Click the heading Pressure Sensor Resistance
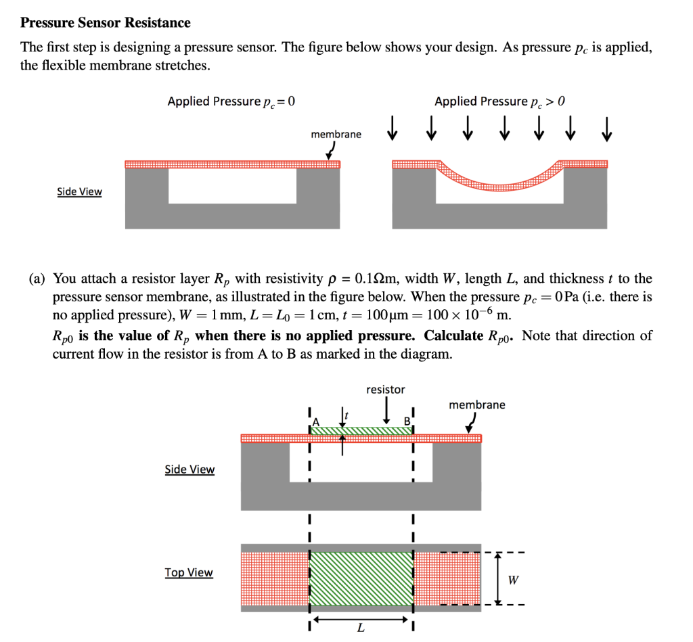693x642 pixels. point(106,23)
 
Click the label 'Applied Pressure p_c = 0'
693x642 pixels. point(231,101)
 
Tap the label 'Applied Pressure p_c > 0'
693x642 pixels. point(499,101)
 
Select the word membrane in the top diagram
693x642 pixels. point(336,135)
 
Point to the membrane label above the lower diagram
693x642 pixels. point(476,405)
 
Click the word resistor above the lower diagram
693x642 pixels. point(385,390)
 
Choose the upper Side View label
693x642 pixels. point(79,191)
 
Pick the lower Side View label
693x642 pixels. point(189,469)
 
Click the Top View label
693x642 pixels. point(189,572)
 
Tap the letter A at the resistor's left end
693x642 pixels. point(314,421)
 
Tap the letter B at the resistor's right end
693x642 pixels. point(407,421)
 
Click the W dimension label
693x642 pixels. point(514,580)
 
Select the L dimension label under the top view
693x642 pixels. point(360,629)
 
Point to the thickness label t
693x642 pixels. point(346,414)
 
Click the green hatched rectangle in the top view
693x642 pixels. point(361,579)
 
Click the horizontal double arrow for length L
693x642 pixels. point(361,618)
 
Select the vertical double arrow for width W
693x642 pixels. point(498,579)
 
